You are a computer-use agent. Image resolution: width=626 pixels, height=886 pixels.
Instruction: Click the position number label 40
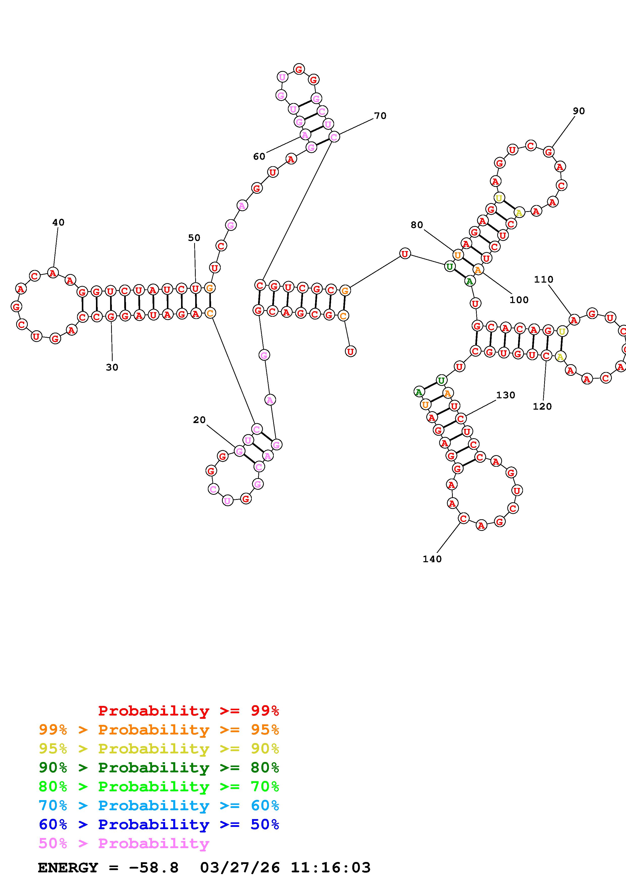pyautogui.click(x=58, y=222)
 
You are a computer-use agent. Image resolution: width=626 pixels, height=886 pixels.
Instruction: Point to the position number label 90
pyautogui.click(x=579, y=111)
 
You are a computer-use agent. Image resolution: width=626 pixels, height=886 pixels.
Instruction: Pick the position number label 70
pyautogui.click(x=380, y=116)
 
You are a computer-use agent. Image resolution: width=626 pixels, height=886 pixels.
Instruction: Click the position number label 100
pyautogui.click(x=519, y=300)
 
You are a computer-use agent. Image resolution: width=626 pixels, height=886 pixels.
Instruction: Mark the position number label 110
pyautogui.click(x=543, y=279)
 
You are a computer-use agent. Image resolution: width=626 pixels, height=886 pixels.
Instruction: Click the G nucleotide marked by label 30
pyautogui.click(x=111, y=316)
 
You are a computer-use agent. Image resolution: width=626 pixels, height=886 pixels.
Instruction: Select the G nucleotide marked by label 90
pyautogui.click(x=548, y=152)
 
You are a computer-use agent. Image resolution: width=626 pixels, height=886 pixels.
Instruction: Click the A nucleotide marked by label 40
pyautogui.click(x=53, y=273)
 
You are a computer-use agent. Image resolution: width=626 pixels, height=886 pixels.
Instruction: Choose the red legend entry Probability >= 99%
pyautogui.click(x=189, y=711)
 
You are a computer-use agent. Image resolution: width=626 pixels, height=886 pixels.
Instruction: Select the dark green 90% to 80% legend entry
pyautogui.click(x=159, y=768)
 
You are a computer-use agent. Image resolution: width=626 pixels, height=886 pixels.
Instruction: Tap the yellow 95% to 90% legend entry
pyautogui.click(x=159, y=749)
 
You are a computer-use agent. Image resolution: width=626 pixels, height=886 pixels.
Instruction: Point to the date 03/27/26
pyautogui.click(x=240, y=868)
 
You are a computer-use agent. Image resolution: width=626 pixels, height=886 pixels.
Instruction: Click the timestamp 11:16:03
pyautogui.click(x=331, y=868)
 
